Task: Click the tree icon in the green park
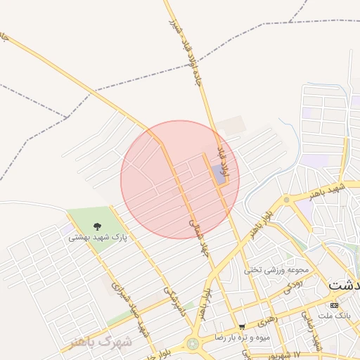[x=97, y=226]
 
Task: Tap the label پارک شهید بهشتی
[x=98, y=238]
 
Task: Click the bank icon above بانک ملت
[x=334, y=305]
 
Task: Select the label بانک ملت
[x=335, y=316]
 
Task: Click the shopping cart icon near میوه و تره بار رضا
[x=242, y=327]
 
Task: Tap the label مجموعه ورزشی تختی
[x=266, y=269]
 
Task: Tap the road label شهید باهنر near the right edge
[x=331, y=191]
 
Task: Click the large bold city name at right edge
[x=345, y=285]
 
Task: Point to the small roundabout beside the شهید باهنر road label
[x=287, y=200]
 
